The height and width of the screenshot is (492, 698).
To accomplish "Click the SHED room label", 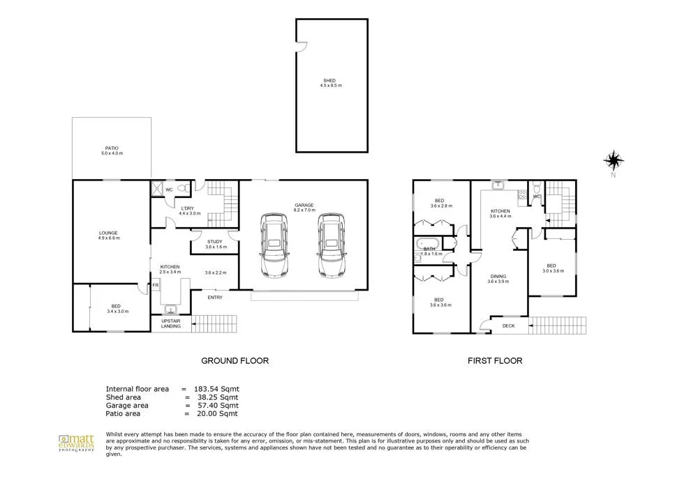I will [332, 82].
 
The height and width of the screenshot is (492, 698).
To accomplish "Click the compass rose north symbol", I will [613, 162].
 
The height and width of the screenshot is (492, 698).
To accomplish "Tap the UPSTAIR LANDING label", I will [171, 323].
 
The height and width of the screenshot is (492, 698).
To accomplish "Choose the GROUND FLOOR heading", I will [235, 361].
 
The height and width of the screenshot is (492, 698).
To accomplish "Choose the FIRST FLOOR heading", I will [495, 361].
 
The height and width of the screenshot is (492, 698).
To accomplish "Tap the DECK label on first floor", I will [508, 325].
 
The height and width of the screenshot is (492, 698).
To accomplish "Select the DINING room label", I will [498, 278].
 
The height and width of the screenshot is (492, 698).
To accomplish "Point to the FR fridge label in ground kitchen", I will [156, 284].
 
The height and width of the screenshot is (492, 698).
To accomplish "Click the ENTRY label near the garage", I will [215, 298].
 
